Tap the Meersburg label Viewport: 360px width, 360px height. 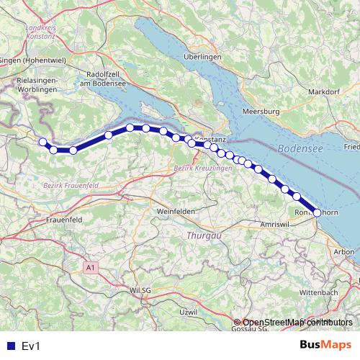[260, 112]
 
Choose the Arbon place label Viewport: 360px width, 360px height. [344, 251]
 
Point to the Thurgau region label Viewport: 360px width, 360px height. [201, 235]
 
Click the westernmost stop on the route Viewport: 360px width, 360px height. [42, 142]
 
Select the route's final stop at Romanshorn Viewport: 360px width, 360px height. [317, 212]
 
